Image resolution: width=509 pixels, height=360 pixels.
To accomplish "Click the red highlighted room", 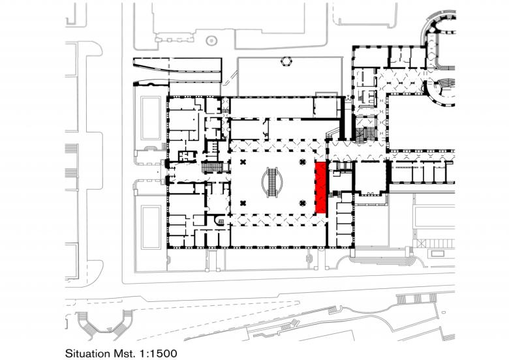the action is tap(320, 188).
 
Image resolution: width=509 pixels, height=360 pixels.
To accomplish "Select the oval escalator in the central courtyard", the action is tap(272, 182).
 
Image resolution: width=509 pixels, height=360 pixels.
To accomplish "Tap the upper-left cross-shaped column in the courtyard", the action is tap(242, 162).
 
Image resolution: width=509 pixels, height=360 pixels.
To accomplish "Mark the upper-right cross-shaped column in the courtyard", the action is tap(303, 162).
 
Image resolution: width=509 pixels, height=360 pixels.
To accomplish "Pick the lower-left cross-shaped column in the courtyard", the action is tap(242, 203).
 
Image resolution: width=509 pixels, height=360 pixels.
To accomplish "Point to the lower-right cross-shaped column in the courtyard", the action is tap(303, 203).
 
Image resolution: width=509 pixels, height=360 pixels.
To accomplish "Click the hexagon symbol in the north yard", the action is tap(286, 61).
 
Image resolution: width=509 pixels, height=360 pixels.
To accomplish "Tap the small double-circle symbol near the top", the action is tap(211, 41).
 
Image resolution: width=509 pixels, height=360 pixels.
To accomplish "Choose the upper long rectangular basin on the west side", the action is tap(151, 118).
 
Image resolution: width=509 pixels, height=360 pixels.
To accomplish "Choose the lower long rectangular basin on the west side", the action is tap(151, 227).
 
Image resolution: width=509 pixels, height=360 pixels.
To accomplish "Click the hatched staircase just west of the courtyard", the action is tap(211, 168).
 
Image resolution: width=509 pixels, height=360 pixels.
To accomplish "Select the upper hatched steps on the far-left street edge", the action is tap(71, 149).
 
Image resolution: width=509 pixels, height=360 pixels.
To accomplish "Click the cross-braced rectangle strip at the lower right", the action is tap(435, 243).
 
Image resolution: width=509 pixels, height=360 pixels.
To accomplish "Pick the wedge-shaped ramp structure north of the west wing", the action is tap(177, 66).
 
